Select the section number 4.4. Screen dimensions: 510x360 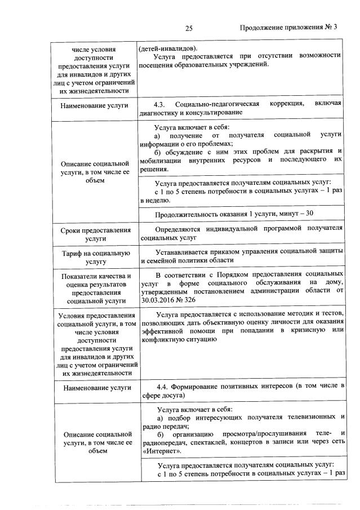click(x=163, y=386)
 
